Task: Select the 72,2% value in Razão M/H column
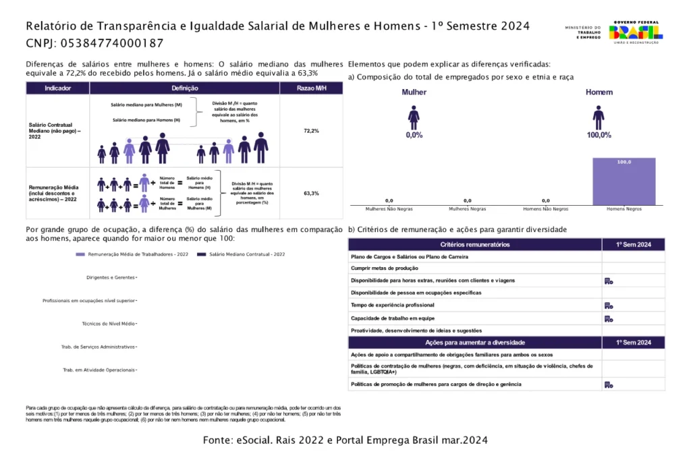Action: pos(311,131)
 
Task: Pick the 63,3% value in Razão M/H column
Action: pos(311,194)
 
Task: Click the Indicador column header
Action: pos(58,88)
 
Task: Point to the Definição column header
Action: pos(185,88)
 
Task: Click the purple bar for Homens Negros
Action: pos(624,182)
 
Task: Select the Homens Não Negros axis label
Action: pos(545,209)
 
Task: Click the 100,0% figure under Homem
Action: pos(599,135)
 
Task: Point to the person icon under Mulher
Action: pos(414,117)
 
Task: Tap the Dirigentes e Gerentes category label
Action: pos(111,277)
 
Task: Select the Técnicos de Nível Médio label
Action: pos(108,324)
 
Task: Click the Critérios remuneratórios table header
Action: pos(475,244)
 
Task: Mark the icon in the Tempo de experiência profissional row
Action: pos(608,306)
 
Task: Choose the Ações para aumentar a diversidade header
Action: pos(475,343)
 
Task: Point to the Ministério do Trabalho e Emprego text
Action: pos(578,32)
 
